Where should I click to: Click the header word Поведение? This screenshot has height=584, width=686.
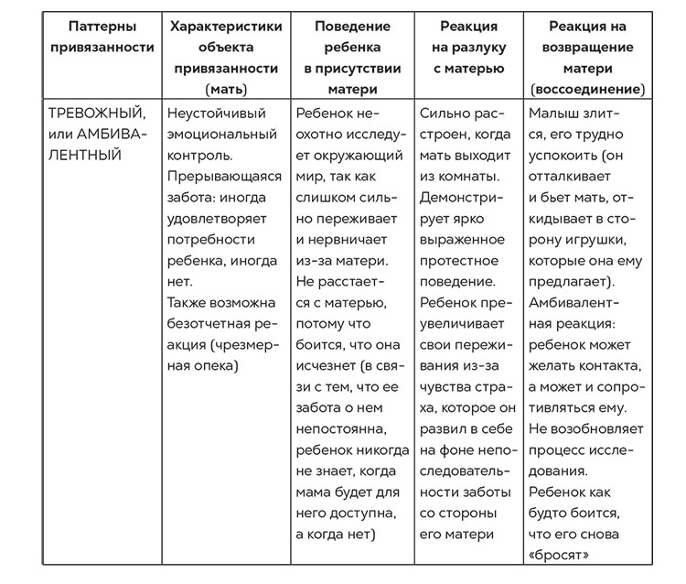click(x=352, y=27)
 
